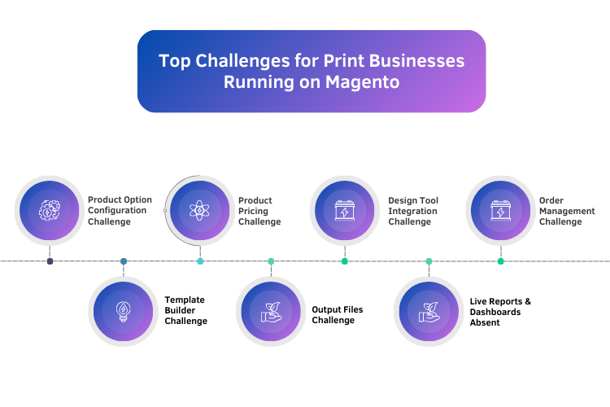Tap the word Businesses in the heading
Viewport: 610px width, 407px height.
tap(418, 61)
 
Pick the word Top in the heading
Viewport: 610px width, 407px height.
tap(172, 61)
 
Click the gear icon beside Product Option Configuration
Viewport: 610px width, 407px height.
tap(50, 211)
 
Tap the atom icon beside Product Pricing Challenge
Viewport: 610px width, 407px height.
tap(200, 211)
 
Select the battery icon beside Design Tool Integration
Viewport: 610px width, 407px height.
tap(345, 211)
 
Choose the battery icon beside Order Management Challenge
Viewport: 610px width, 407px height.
tap(500, 211)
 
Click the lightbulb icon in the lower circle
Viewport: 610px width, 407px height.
tap(123, 311)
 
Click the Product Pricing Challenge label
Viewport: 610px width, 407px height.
tap(259, 211)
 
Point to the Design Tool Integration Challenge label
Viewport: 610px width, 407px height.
tap(412, 211)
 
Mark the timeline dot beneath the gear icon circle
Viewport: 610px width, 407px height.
tap(50, 261)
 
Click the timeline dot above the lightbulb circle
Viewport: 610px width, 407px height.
tap(124, 261)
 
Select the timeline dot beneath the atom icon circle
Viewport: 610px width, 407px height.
tap(200, 261)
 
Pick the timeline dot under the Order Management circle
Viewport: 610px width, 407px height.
tap(500, 261)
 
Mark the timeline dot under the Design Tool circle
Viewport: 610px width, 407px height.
tap(345, 261)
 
